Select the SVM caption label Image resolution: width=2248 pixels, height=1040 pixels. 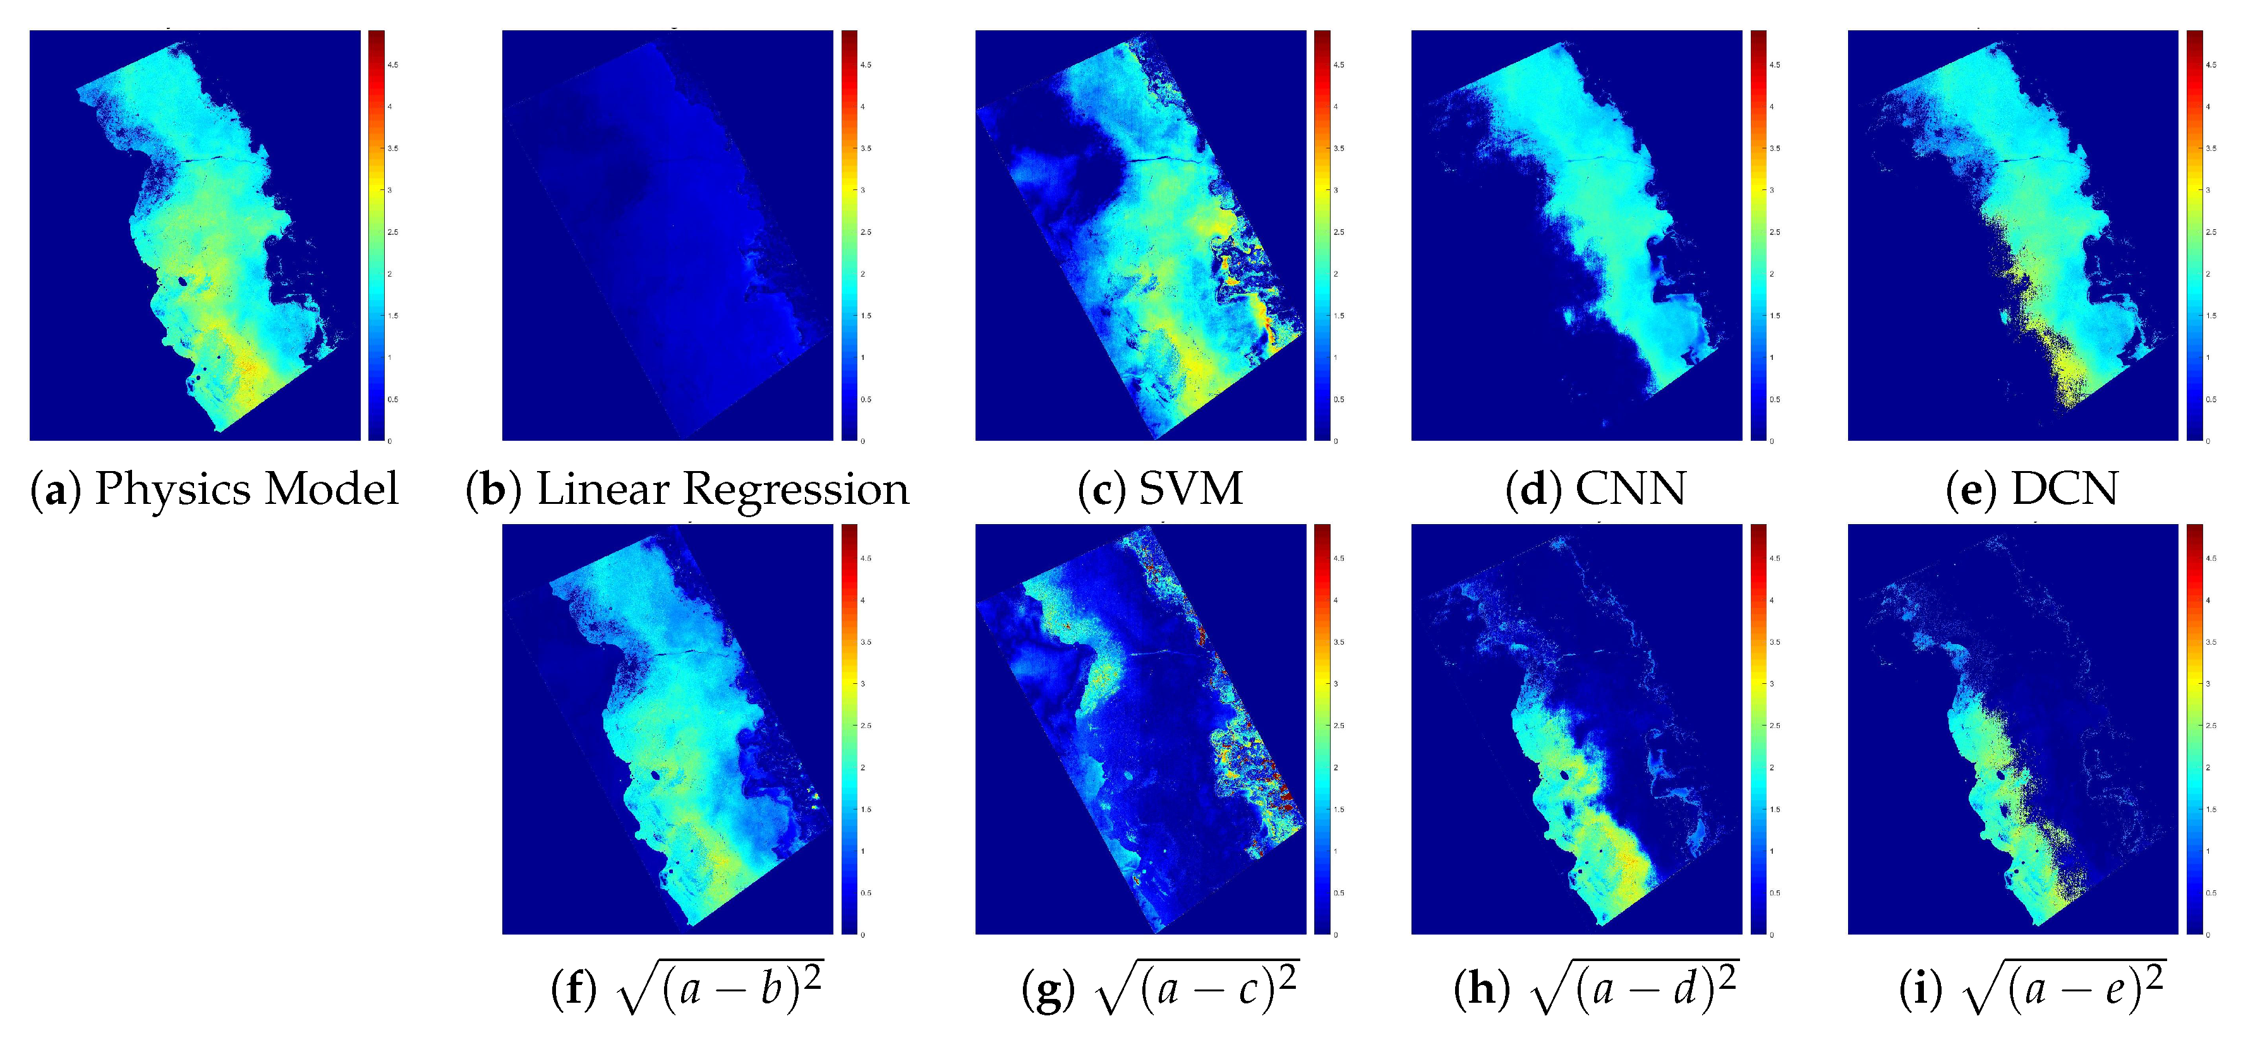[1190, 489]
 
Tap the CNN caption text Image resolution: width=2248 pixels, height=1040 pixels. [1630, 489]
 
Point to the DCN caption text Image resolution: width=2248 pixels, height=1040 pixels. [2064, 489]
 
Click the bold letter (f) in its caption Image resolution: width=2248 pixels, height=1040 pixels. [573, 988]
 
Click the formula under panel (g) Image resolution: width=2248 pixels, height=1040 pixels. [1197, 988]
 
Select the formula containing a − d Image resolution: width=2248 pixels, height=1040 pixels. [1634, 988]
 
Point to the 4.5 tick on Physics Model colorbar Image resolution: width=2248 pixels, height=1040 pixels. [392, 64]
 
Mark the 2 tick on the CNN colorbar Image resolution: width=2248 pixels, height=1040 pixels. [1772, 274]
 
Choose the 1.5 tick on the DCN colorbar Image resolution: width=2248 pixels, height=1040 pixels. [2211, 316]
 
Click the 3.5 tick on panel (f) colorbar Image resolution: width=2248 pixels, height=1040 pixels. [865, 642]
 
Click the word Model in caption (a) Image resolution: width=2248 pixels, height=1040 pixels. [332, 489]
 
